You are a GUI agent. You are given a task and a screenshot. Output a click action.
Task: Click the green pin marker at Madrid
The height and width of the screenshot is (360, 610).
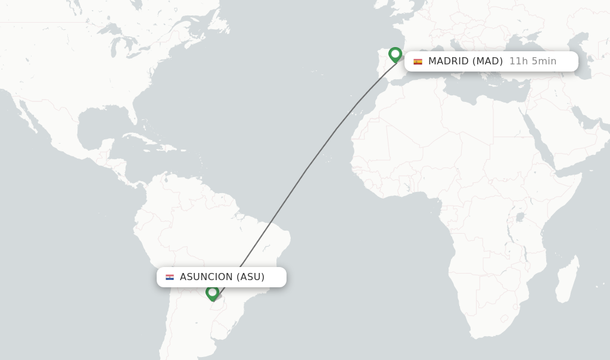coord(395,55)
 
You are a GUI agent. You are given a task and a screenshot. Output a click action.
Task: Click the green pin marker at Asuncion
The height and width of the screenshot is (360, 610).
coord(212,293)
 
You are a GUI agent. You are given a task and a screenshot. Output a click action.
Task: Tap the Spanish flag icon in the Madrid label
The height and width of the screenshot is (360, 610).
coord(418,61)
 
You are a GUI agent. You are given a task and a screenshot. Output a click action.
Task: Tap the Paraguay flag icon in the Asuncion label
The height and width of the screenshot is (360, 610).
coord(170,277)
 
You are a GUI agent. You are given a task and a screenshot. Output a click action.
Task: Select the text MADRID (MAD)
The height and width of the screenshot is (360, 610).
coord(465,61)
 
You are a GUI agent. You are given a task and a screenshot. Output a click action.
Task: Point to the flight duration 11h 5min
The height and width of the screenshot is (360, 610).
coord(533,61)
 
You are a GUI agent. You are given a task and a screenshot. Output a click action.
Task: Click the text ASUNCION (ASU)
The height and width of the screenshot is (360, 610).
coord(222,277)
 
